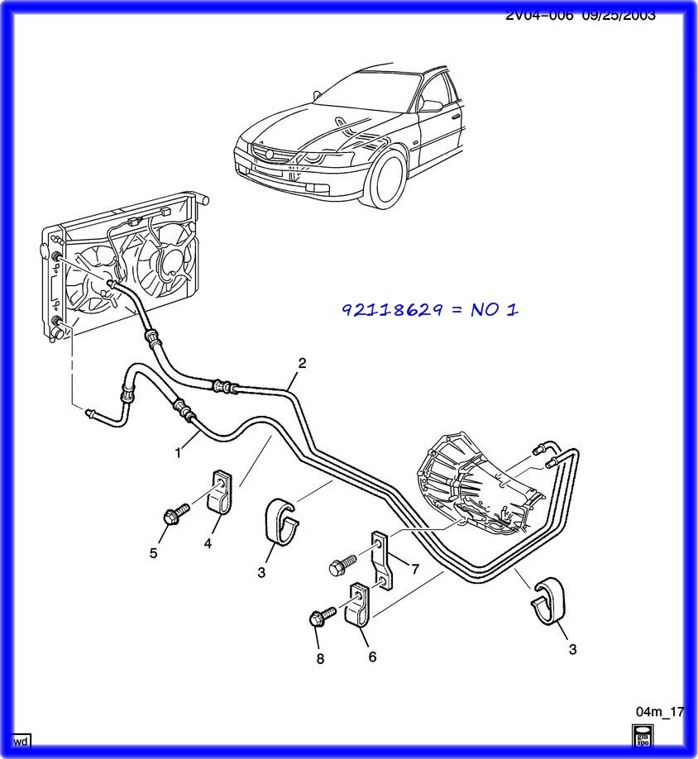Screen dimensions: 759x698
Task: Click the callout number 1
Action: [177, 452]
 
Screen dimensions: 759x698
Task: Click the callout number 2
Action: [302, 362]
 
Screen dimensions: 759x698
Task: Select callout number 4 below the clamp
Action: [208, 543]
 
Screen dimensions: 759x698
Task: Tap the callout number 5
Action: [153, 553]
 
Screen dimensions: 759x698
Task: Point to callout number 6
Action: [372, 656]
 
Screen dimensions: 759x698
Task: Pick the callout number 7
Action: [414, 569]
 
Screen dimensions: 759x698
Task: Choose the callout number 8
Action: [320, 659]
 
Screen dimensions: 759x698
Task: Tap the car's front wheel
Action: [387, 178]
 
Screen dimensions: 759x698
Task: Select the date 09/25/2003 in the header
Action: [619, 15]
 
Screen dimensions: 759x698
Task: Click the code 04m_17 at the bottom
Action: [659, 712]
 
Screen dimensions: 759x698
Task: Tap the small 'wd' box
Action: [21, 740]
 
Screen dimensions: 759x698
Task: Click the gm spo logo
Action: [642, 737]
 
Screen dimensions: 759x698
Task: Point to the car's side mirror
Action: [430, 105]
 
